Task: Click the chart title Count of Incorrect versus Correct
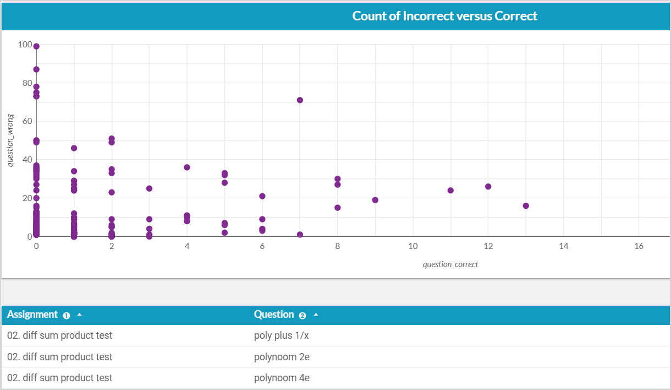click(x=444, y=16)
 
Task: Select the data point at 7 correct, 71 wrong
click(x=300, y=100)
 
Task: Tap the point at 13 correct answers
click(x=526, y=206)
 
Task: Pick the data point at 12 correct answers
click(x=488, y=187)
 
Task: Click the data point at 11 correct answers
click(x=450, y=191)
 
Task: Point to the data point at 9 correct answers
click(x=375, y=200)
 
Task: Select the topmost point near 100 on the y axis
click(x=36, y=46)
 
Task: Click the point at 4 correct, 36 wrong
click(x=187, y=167)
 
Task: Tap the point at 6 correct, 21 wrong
click(x=262, y=196)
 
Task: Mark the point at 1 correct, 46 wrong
click(x=74, y=148)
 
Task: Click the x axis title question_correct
click(x=450, y=264)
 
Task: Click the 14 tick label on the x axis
click(x=563, y=246)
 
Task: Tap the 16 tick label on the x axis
click(x=639, y=246)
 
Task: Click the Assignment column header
click(x=32, y=315)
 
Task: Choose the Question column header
click(x=274, y=315)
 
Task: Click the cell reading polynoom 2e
click(x=282, y=357)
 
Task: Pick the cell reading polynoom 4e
click(x=282, y=378)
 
